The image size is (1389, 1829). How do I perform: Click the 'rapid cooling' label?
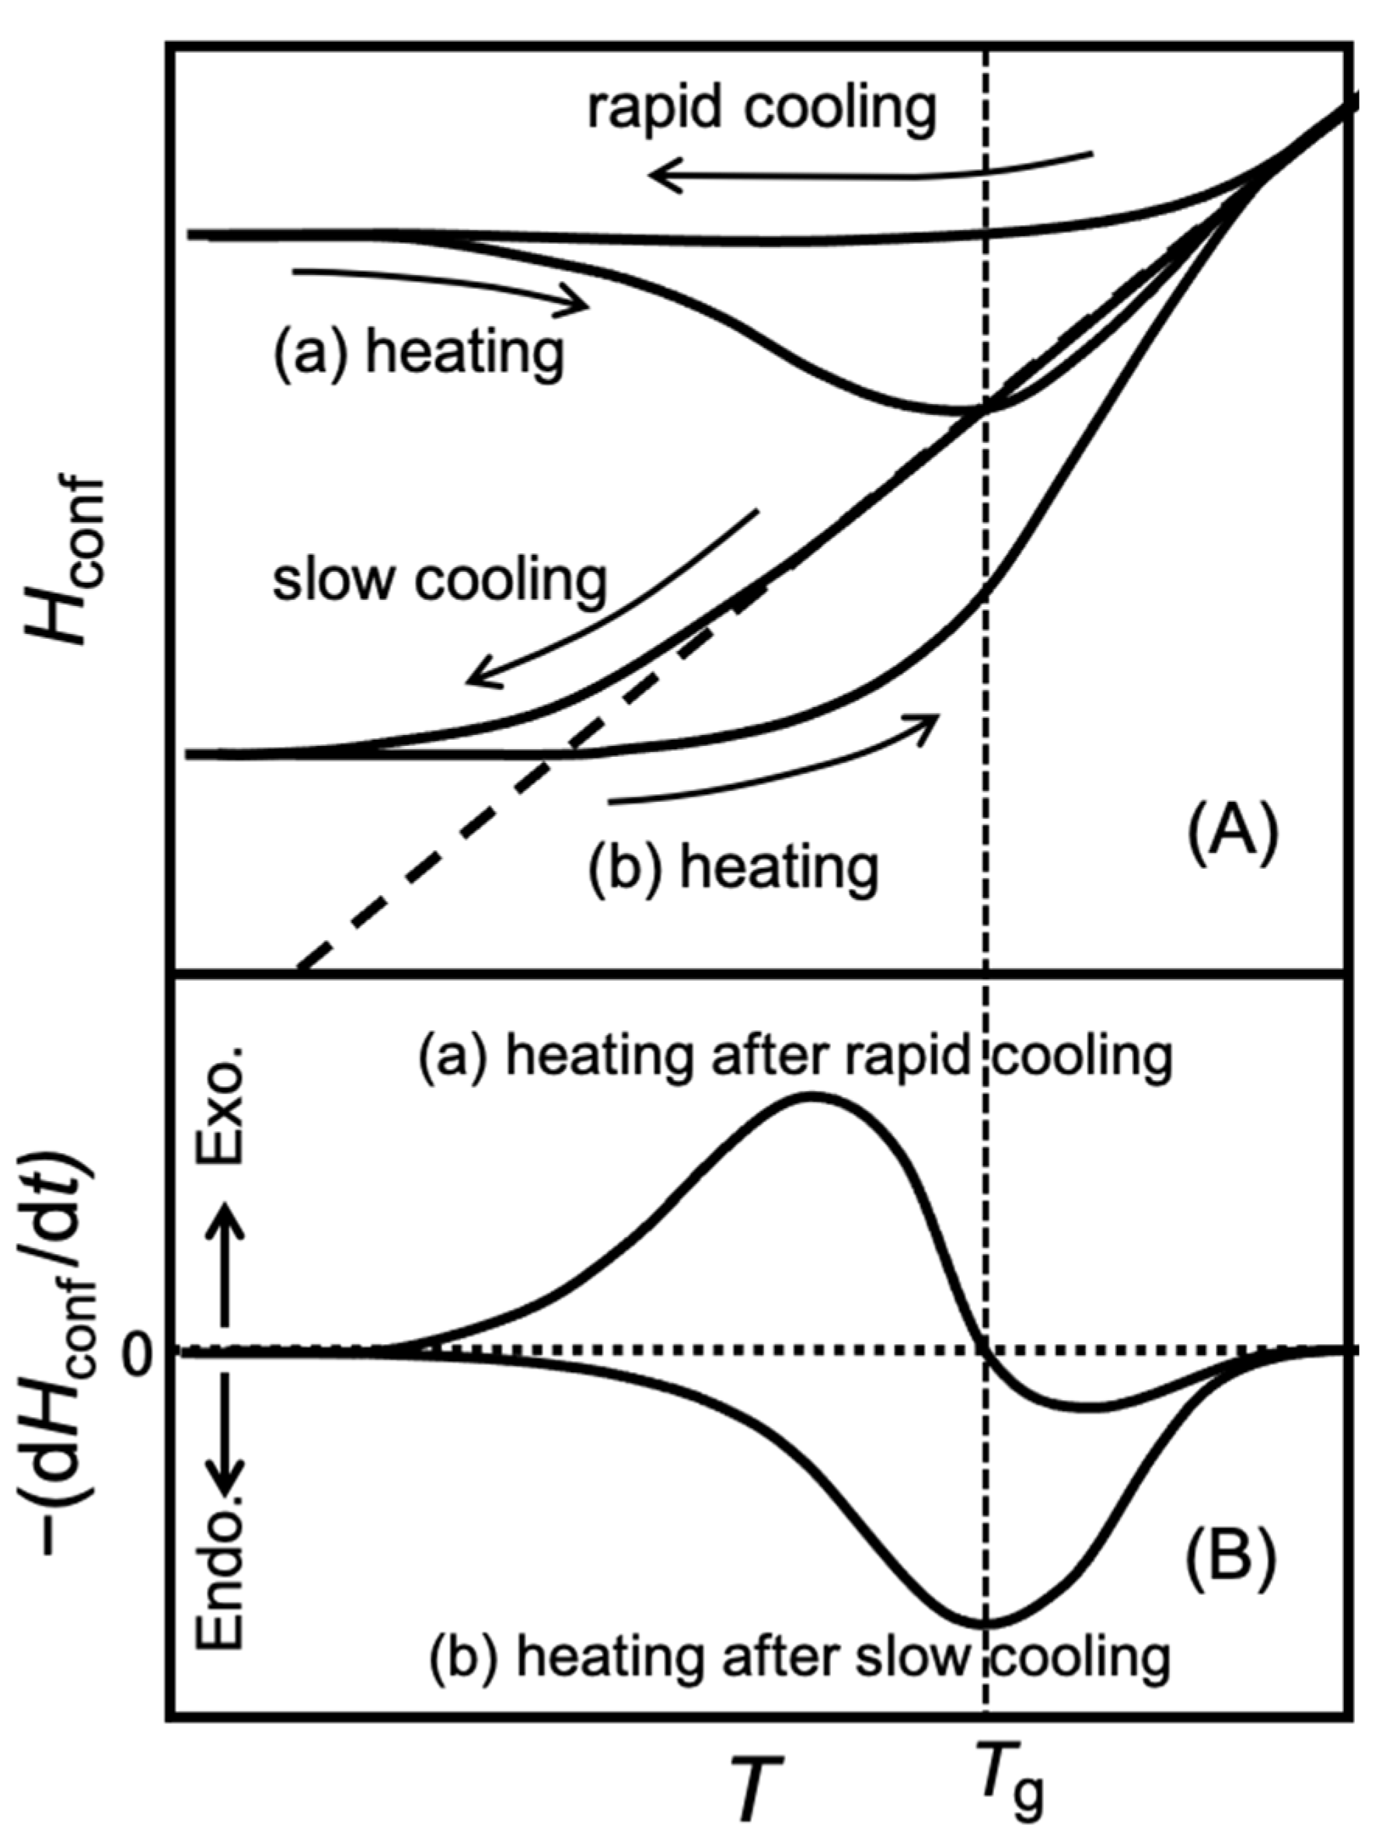pos(762,108)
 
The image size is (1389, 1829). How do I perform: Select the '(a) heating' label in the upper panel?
pos(419,353)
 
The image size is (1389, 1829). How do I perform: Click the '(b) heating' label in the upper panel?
pos(733,866)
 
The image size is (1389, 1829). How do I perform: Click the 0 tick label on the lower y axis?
pos(141,1350)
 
